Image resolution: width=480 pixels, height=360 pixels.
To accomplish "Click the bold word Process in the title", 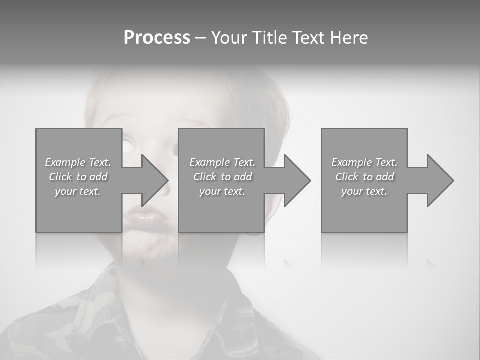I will point(157,38).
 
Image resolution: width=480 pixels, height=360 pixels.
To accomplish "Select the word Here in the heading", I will point(350,38).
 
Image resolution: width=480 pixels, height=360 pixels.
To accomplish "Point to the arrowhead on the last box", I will point(439,180).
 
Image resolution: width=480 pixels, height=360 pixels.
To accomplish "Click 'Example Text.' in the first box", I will point(78,162).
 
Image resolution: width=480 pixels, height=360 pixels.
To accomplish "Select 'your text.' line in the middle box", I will point(222,191).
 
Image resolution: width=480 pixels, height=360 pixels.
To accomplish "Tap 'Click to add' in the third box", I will point(365,177).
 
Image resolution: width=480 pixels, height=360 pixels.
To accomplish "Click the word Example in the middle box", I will point(208,162).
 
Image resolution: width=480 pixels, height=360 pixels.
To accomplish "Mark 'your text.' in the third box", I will point(364,191).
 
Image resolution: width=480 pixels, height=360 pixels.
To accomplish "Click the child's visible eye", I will point(128,145).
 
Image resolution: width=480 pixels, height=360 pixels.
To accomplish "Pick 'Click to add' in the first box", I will point(78,177).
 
